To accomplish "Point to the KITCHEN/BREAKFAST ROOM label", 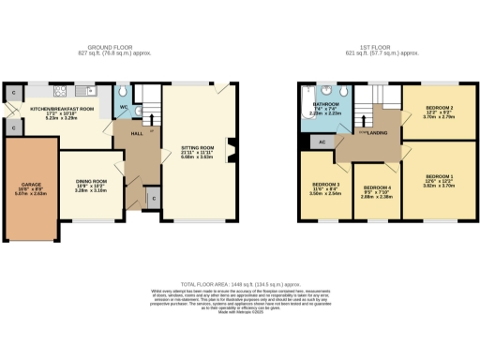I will coord(62,110).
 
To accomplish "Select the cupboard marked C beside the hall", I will coord(153,199).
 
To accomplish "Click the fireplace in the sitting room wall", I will coord(230,148).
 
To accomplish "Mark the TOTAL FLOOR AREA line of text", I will coord(239,283).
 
